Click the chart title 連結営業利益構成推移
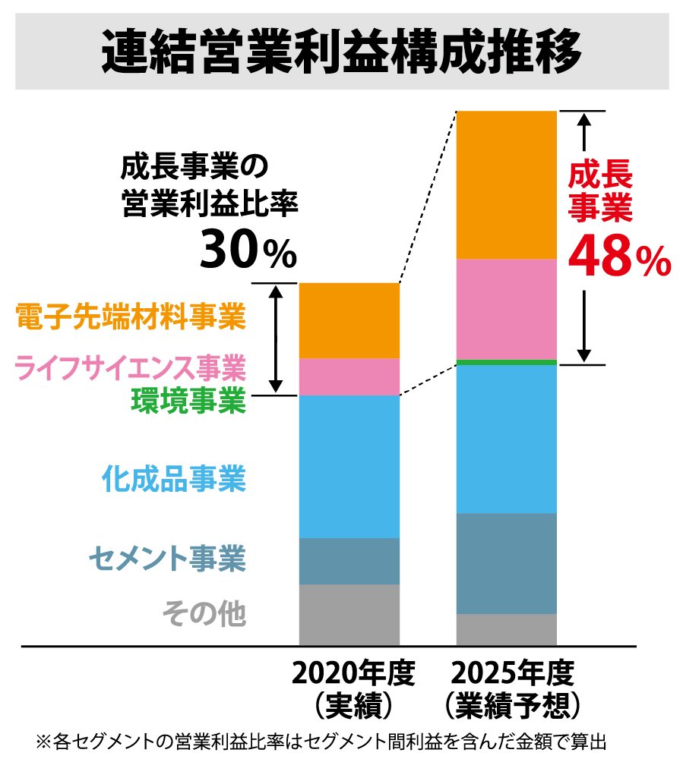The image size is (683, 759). (x=342, y=52)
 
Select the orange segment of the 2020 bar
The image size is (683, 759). (x=349, y=320)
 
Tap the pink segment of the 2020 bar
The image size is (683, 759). (x=349, y=376)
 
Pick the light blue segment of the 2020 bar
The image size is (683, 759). (x=349, y=466)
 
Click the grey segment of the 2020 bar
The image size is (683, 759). (x=349, y=614)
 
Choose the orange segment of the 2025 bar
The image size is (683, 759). (x=506, y=185)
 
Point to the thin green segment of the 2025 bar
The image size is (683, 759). (x=506, y=362)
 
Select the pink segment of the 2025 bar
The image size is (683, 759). (x=506, y=309)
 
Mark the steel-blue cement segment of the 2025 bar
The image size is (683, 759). (x=506, y=563)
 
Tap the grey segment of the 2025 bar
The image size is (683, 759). (x=506, y=629)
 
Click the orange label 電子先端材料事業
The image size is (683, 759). (x=130, y=317)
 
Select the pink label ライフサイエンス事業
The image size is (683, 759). (x=130, y=370)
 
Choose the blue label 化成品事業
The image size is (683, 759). (x=173, y=480)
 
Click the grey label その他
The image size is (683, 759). (x=204, y=613)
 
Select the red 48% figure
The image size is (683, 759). (x=619, y=258)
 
